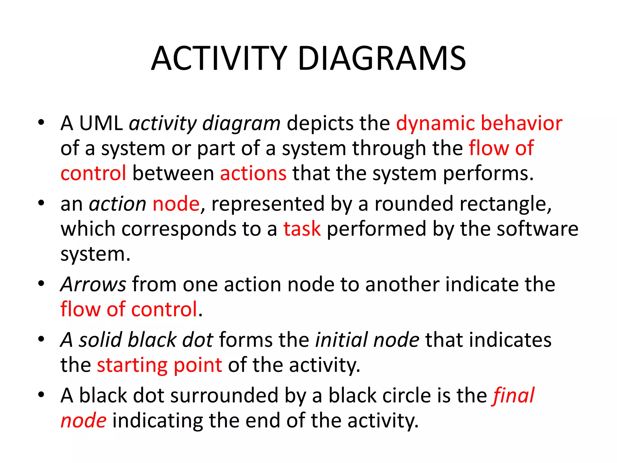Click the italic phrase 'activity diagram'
(x=205, y=124)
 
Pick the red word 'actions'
(x=253, y=174)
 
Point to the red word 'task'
(x=302, y=229)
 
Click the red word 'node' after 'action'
(x=176, y=204)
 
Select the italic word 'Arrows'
(x=93, y=284)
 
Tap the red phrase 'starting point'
(x=159, y=365)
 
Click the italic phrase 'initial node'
(x=367, y=340)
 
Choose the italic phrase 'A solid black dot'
(x=137, y=340)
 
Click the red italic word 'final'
(x=514, y=395)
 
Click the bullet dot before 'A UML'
(x=41, y=123)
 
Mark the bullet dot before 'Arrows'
(x=41, y=284)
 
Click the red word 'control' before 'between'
(x=93, y=174)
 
